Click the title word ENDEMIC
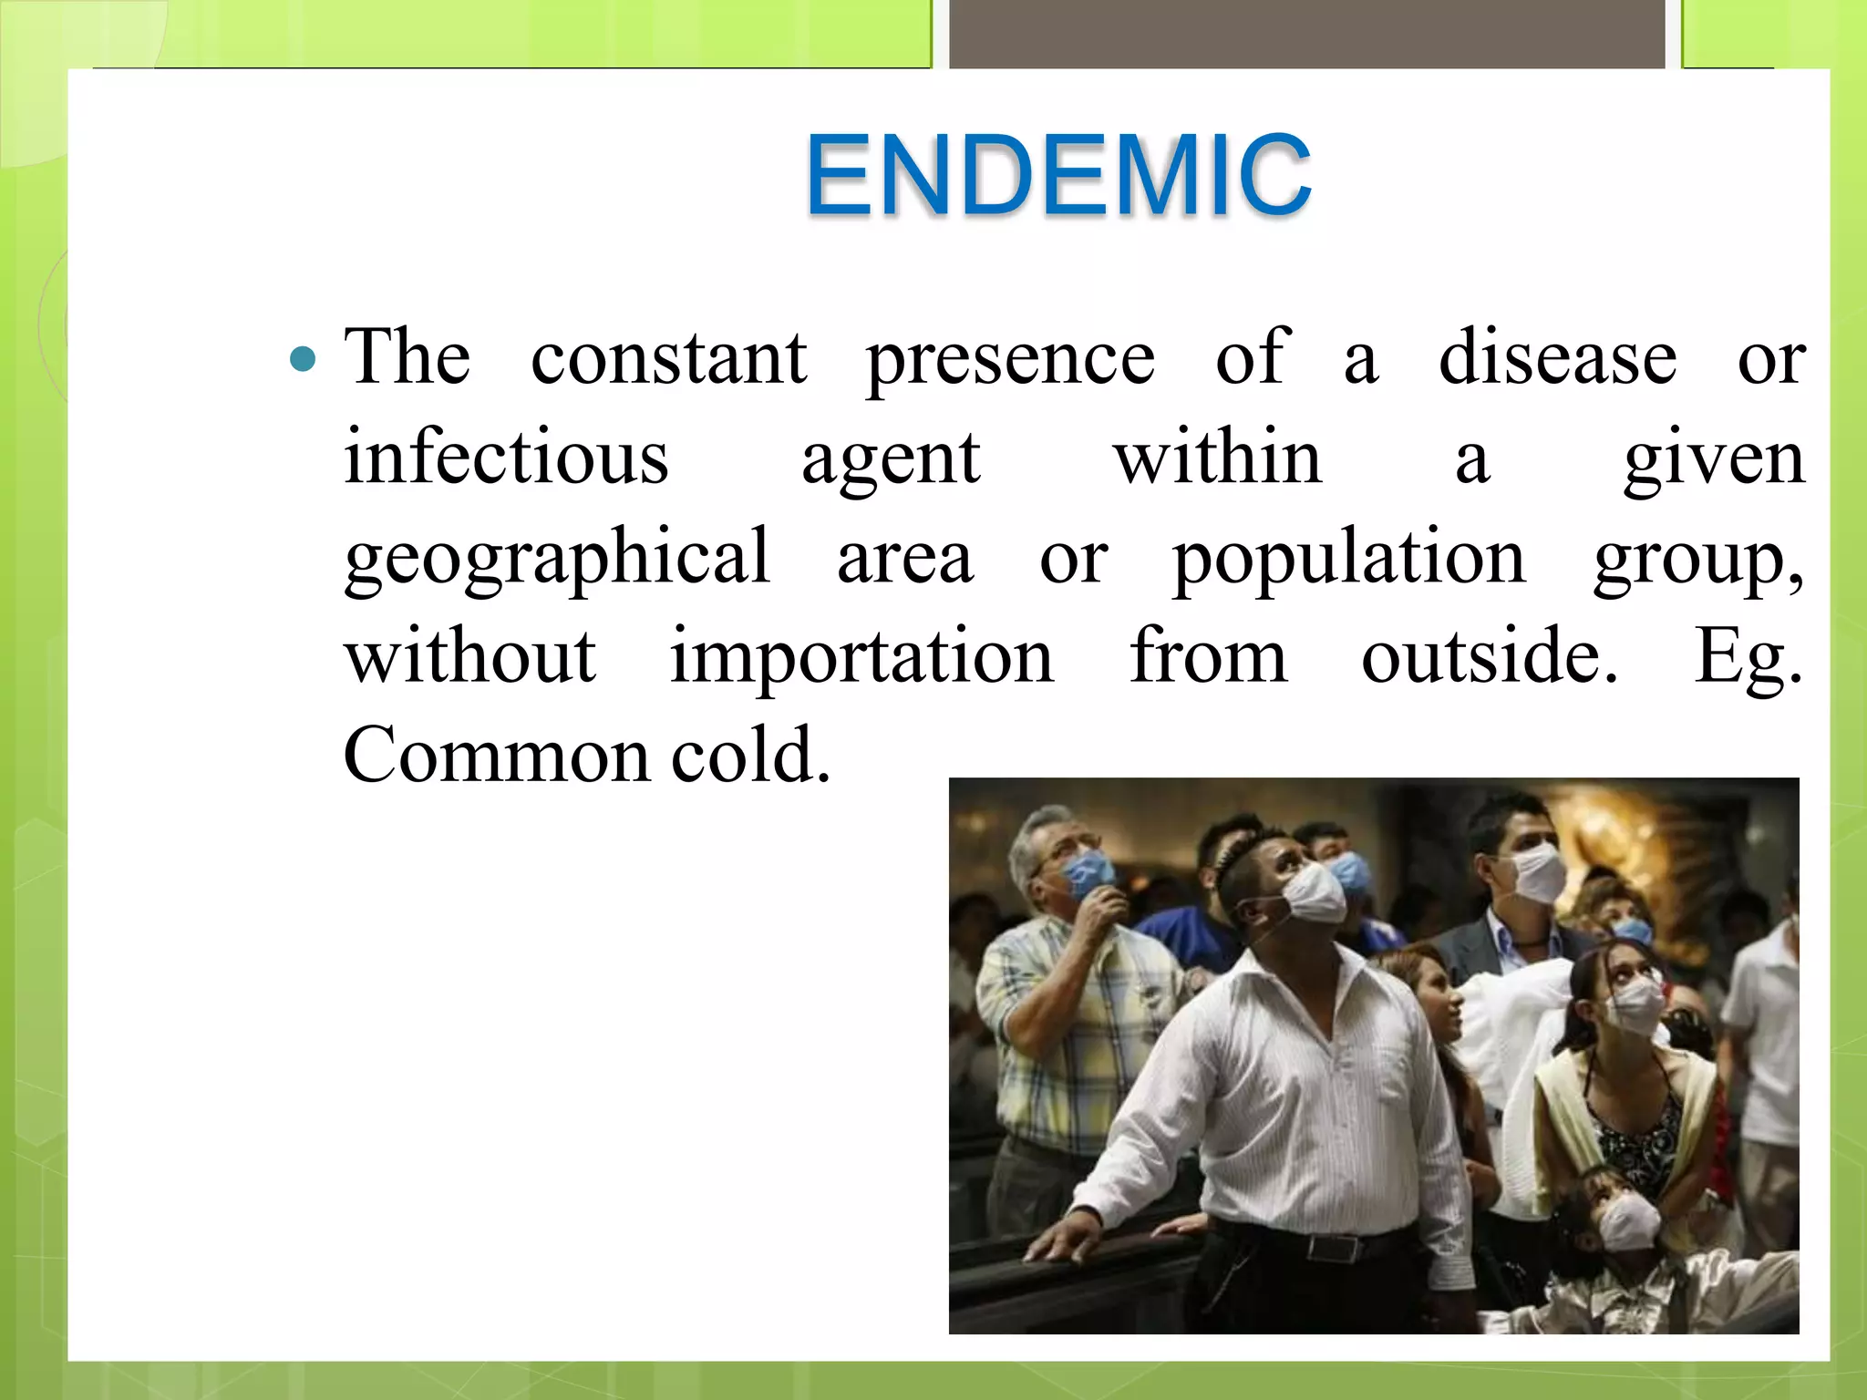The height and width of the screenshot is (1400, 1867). pos(1057,175)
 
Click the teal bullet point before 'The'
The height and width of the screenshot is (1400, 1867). pos(303,358)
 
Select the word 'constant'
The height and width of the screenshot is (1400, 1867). pos(668,357)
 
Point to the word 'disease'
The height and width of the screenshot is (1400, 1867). pos(1557,357)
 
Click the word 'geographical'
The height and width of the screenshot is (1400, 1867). pos(557,558)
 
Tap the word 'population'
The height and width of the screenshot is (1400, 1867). pos(1348,558)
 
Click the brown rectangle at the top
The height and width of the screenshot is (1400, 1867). pos(1307,34)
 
